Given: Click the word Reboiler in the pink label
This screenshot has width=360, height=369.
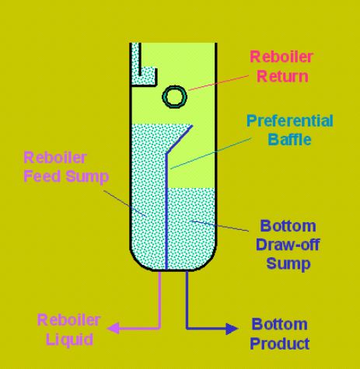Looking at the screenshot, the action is [x=281, y=57].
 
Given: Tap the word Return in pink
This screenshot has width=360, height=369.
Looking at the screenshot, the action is [x=282, y=76].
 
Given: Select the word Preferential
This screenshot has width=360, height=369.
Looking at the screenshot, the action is [x=290, y=120].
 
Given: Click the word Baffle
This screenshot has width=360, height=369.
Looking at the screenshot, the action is [x=289, y=140].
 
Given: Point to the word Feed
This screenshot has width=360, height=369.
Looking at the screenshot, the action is [x=42, y=176].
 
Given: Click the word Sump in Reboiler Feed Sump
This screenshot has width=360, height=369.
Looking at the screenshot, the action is [x=87, y=177].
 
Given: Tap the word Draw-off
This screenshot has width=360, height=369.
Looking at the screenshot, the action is [x=288, y=245].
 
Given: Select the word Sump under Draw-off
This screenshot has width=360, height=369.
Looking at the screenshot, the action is [x=288, y=264].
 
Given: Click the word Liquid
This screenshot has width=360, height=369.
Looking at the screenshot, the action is [x=69, y=339].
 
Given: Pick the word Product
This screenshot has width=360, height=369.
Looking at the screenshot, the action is [x=280, y=343].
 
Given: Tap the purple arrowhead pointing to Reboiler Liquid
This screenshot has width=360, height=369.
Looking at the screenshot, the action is [x=114, y=329].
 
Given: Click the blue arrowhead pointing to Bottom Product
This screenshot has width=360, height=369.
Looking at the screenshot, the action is [x=232, y=329].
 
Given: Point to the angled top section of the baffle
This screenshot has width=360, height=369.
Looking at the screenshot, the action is [x=179, y=140].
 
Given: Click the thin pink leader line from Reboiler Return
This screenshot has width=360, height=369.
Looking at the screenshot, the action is [x=218, y=83].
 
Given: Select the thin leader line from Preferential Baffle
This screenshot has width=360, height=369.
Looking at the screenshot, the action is [x=211, y=154].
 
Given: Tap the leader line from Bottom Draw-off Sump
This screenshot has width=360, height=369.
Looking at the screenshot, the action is [x=219, y=225].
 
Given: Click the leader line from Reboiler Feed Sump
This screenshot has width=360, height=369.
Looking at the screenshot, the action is [x=124, y=204].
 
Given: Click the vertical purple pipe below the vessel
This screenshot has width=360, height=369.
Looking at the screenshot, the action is [x=159, y=300].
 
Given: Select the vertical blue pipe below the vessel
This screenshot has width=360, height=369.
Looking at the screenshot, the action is [x=187, y=300].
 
